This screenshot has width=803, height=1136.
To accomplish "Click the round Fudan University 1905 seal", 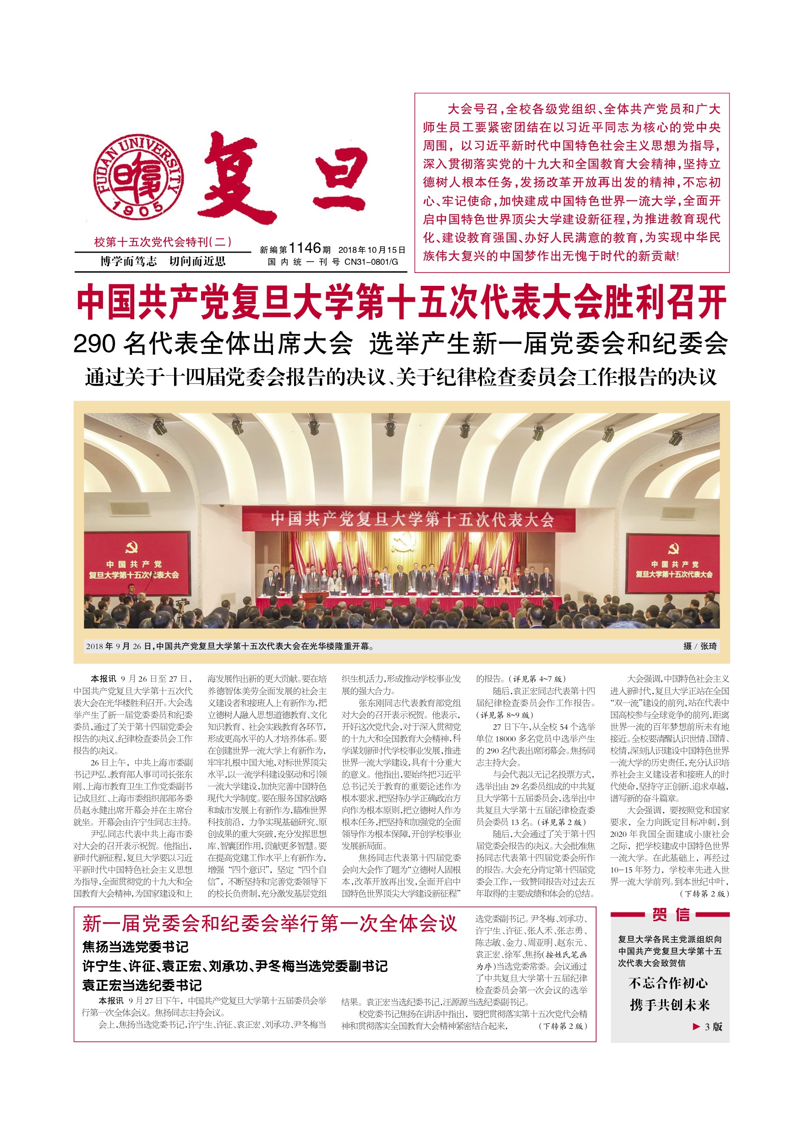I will pos(139,177).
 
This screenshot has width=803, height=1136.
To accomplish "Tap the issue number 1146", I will pos(304,248).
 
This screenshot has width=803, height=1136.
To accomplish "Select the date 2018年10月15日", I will pos(371,250).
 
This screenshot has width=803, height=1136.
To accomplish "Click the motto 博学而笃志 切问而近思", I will pos(163,261).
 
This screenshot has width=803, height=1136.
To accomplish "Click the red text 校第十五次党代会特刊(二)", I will pos(163,242).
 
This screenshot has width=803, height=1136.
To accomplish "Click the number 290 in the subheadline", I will pos(94,344).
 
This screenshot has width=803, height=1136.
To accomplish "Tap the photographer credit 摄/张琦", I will pos(699,646).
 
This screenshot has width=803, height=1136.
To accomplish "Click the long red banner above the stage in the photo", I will pos(409,519).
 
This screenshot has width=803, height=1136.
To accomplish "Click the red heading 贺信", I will pos(671,915).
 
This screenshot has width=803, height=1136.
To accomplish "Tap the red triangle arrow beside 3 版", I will pos(696,1027).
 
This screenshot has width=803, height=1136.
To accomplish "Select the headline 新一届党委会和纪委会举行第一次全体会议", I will pos(270,924).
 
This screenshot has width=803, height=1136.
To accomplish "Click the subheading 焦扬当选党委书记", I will pos(136,947).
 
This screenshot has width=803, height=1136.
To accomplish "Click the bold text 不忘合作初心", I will pos(668,983).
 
